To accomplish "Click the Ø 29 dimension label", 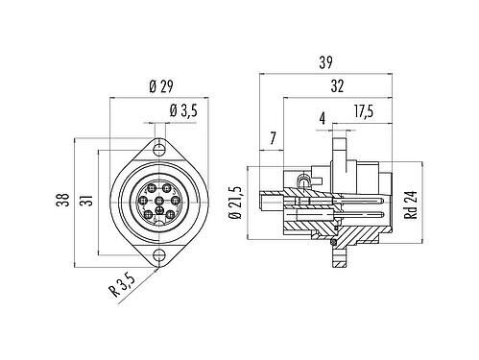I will [x=162, y=89].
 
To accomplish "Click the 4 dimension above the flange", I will [x=323, y=119].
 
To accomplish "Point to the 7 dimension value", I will [x=273, y=140].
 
